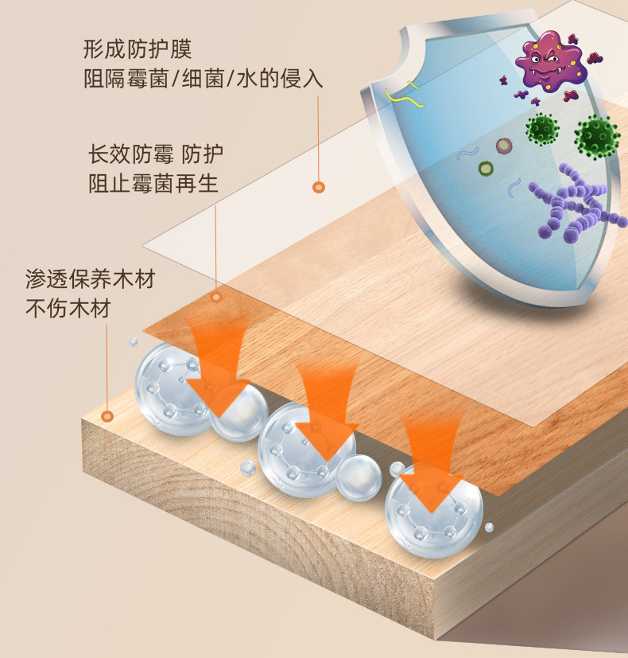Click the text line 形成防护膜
pyautogui.click(x=138, y=49)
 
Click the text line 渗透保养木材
pyautogui.click(x=90, y=279)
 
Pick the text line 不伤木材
pyautogui.click(x=68, y=310)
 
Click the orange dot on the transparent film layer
pyautogui.click(x=319, y=187)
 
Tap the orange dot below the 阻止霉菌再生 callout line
pyautogui.click(x=215, y=297)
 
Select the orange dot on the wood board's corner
pyautogui.click(x=107, y=415)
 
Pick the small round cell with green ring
pyautogui.click(x=485, y=168)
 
